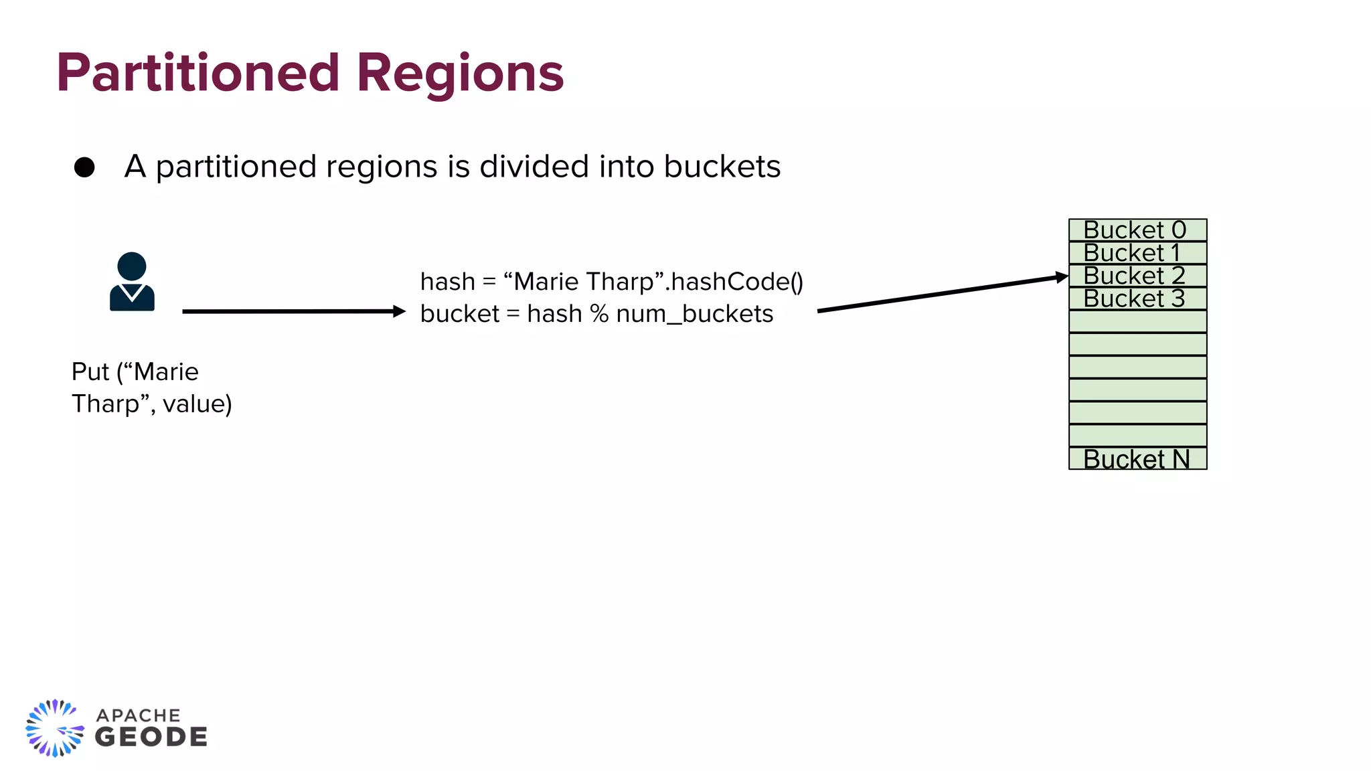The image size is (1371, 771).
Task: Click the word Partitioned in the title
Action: [x=198, y=73]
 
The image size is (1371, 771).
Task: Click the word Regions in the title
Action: [x=460, y=73]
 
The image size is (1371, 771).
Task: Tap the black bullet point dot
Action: [x=84, y=167]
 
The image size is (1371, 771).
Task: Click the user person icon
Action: [x=132, y=281]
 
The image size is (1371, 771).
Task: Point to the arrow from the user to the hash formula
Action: [x=293, y=311]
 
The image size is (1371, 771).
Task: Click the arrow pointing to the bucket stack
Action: [x=942, y=293]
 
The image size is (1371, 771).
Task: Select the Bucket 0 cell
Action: [x=1137, y=230]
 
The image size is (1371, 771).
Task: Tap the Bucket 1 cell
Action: [x=1137, y=253]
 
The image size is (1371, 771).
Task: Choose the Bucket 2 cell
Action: [x=1137, y=276]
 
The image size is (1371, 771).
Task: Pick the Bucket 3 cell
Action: [x=1137, y=298]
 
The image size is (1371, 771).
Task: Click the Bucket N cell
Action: [x=1137, y=459]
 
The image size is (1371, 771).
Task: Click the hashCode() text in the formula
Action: [x=736, y=282]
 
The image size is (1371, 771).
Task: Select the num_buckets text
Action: [x=694, y=314]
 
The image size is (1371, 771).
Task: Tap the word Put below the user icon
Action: [x=90, y=372]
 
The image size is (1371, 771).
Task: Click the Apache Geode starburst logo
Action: [x=55, y=728]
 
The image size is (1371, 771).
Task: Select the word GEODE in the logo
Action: [x=151, y=738]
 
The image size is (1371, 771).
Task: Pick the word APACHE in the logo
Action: [x=139, y=715]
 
